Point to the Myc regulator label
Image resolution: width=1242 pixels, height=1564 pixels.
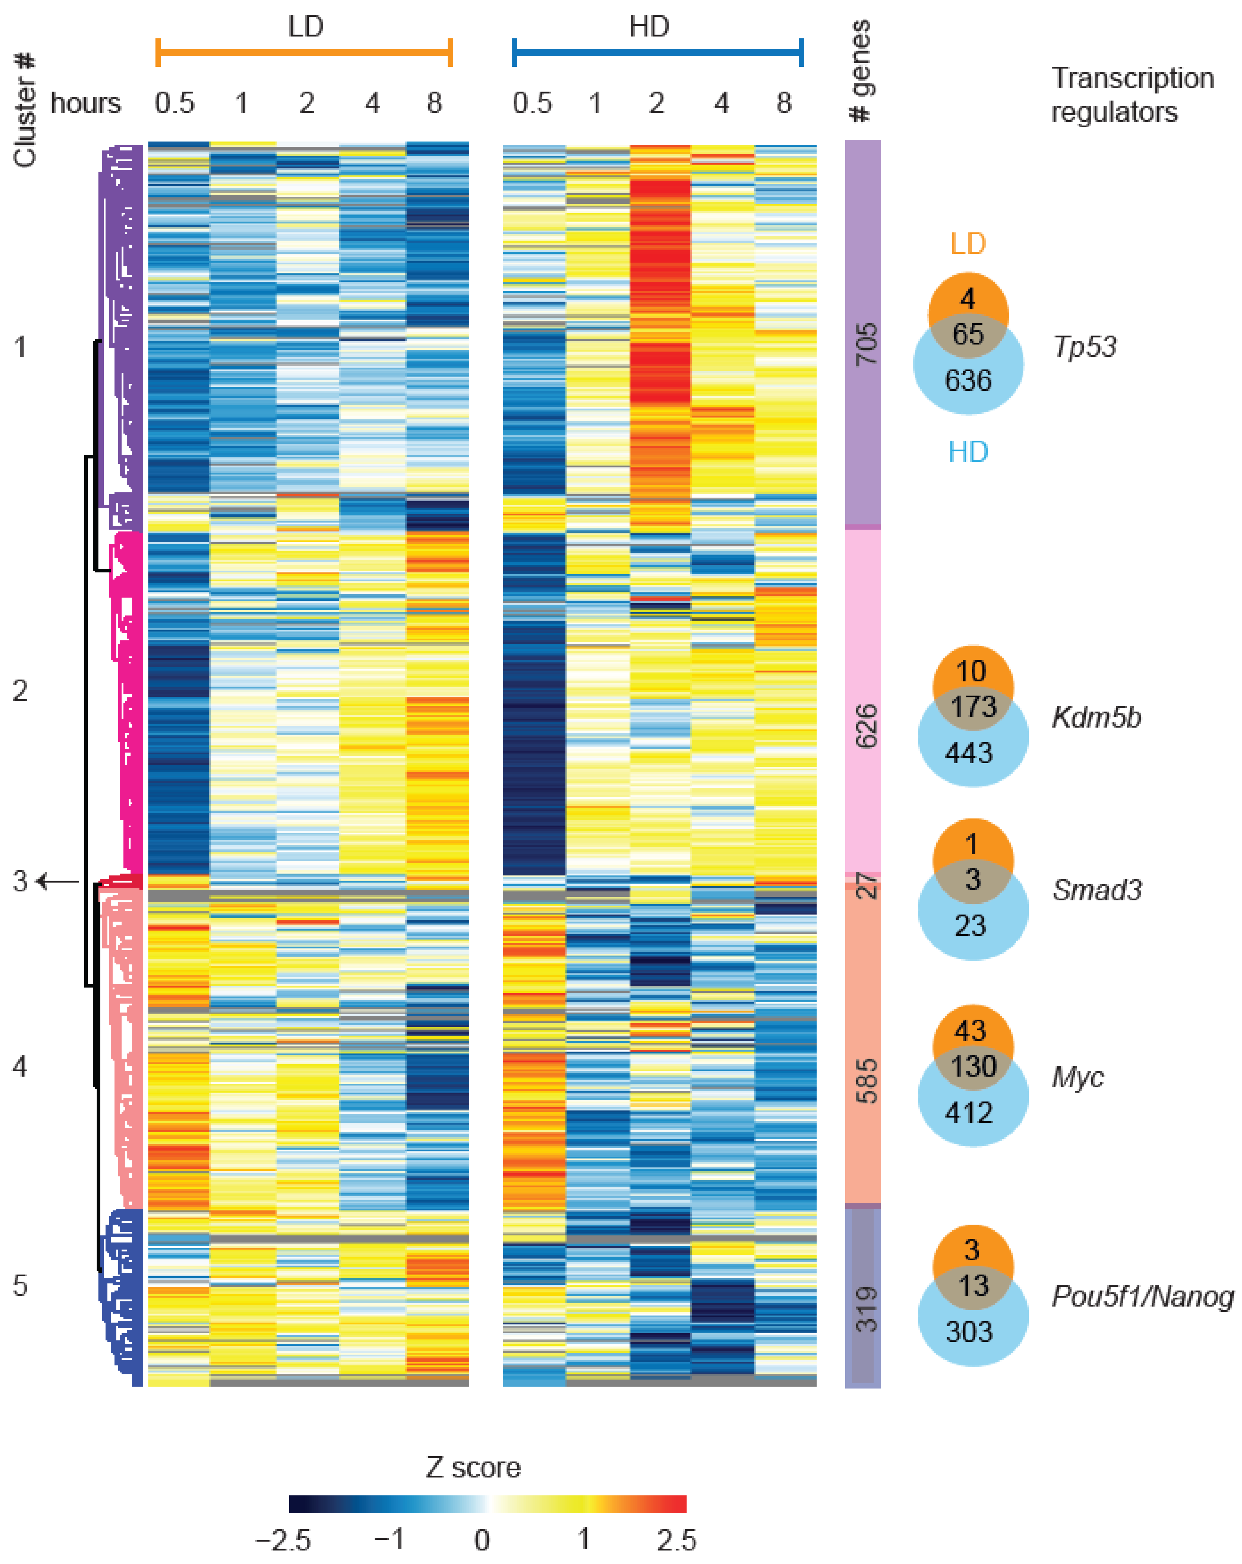pyautogui.click(x=1077, y=1077)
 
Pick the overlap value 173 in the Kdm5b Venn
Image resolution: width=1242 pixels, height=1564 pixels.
pyautogui.click(x=973, y=707)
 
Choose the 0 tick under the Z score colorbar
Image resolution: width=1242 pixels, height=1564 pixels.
pyautogui.click(x=482, y=1540)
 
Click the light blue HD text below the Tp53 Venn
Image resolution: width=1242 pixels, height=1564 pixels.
pyautogui.click(x=968, y=452)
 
